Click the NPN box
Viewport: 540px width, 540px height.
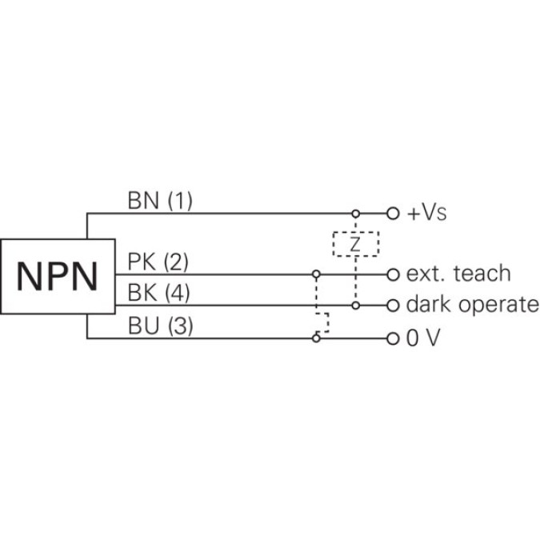click(x=56, y=276)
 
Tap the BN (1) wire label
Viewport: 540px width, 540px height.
click(x=160, y=200)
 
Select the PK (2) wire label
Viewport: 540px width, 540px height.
click(x=158, y=262)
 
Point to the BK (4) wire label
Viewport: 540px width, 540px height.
click(x=158, y=294)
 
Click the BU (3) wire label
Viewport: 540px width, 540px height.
click(x=159, y=326)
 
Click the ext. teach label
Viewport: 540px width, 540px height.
click(x=458, y=274)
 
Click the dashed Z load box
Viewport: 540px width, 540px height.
click(x=355, y=244)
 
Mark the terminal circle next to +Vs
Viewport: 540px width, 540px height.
click(x=392, y=214)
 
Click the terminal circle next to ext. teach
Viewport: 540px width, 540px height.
click(x=392, y=274)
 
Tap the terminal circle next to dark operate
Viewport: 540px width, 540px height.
click(x=392, y=306)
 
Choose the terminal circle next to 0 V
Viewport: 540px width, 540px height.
click(x=392, y=338)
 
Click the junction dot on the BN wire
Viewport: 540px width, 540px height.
click(x=355, y=214)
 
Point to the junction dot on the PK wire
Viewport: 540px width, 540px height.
click(x=317, y=274)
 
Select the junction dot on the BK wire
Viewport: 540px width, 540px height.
click(x=355, y=306)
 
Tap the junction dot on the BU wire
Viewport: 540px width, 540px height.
click(x=317, y=338)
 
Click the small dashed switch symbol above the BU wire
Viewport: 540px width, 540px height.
click(x=322, y=322)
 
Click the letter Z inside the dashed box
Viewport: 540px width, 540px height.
click(x=355, y=244)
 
